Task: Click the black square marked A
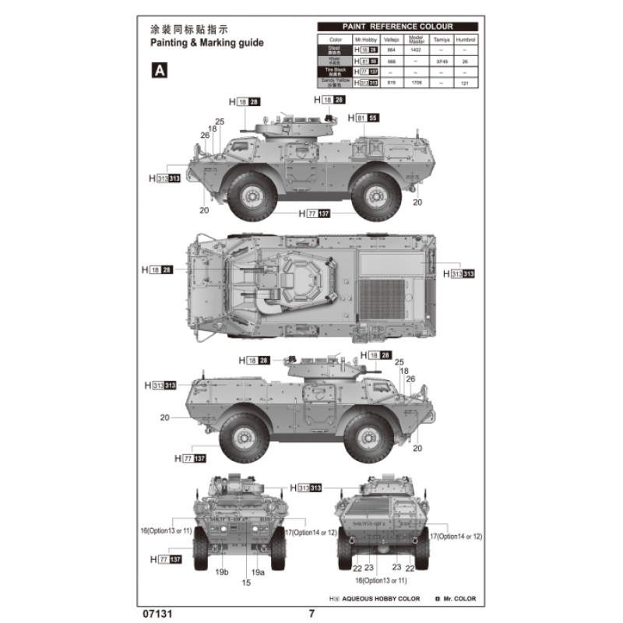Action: click(159, 70)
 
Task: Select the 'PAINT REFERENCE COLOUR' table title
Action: click(398, 26)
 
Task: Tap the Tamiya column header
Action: click(442, 38)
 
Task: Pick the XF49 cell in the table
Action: click(442, 60)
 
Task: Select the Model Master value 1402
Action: click(415, 49)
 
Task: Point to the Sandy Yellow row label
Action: click(335, 81)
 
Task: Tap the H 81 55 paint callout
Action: click(365, 118)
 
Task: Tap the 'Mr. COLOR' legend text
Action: click(459, 599)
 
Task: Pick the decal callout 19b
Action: click(222, 572)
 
